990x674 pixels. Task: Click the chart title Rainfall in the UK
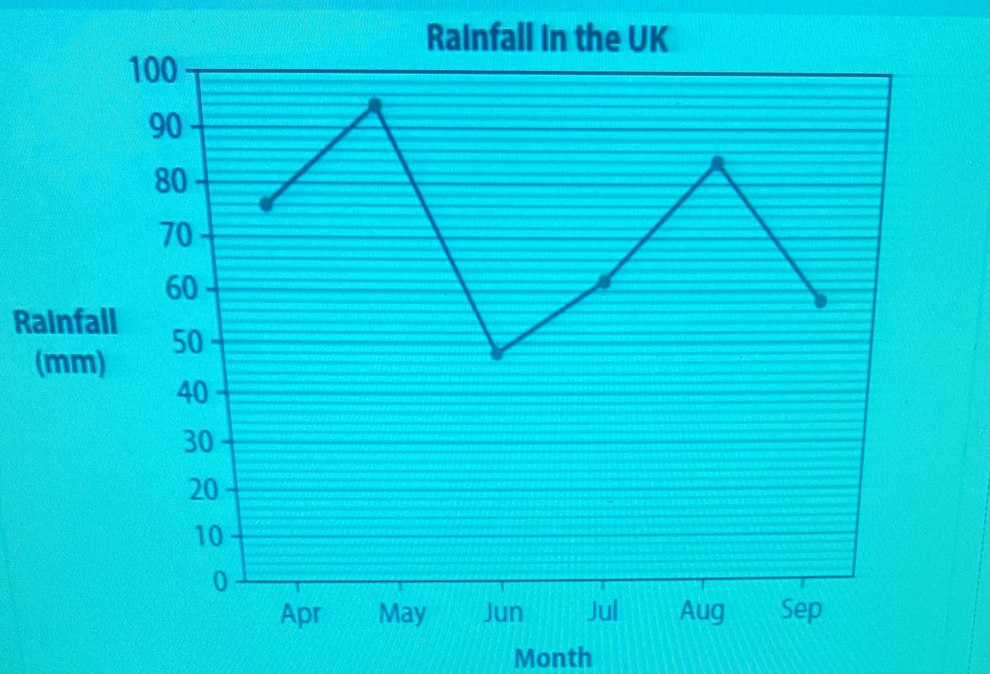pos(547,39)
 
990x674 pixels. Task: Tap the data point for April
pos(266,204)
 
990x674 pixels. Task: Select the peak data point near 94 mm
pos(374,105)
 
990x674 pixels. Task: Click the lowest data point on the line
pos(497,353)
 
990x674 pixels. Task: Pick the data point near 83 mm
pos(718,163)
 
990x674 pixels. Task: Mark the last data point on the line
pos(820,301)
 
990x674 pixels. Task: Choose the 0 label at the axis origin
pos(221,582)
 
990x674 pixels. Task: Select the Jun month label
pos(503,613)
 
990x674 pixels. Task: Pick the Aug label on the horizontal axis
pos(702,612)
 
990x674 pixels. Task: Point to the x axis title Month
pos(553,657)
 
